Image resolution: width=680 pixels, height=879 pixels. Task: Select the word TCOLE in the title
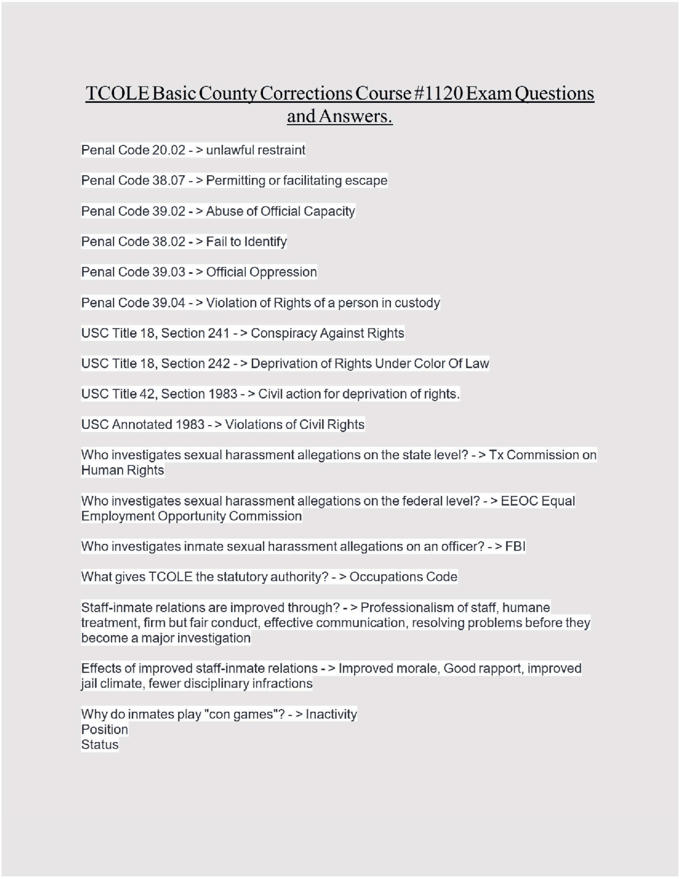pos(117,93)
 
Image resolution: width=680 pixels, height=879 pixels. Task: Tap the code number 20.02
pos(168,150)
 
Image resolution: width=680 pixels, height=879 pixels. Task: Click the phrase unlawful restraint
pos(256,150)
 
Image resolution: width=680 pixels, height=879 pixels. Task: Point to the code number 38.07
pos(168,180)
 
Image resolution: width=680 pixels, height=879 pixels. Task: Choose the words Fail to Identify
pos(246,242)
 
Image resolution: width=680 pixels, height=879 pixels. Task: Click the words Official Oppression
pos(261,272)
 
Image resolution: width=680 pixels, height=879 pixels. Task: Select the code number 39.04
pos(168,303)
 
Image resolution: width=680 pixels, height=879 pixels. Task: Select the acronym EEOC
pos(519,501)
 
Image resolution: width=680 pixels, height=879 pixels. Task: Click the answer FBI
pos(515,546)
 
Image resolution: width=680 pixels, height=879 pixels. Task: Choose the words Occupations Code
pos(403,577)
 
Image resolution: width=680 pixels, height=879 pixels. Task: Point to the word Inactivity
pos(331,714)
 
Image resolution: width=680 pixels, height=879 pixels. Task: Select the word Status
pos(100,745)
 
